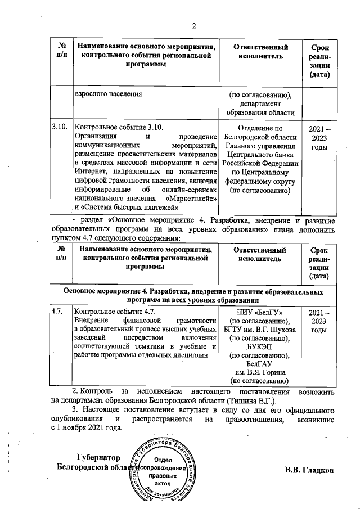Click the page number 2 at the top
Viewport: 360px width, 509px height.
(193, 25)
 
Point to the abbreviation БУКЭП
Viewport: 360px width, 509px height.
(260, 346)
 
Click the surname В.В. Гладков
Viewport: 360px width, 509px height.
(309, 470)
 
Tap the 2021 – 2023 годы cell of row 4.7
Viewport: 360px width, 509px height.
(319, 321)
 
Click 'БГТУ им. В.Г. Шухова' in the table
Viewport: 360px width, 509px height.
(260, 329)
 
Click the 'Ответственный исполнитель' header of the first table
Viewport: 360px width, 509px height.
(260, 52)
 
